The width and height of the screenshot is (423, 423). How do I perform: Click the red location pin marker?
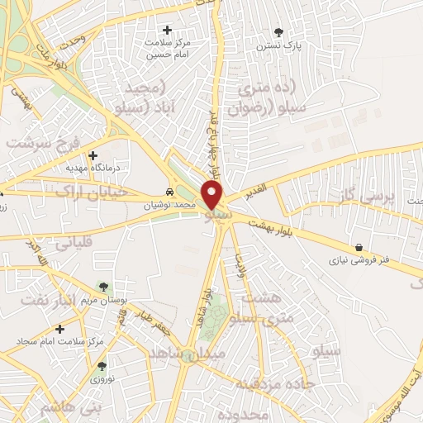(213, 195)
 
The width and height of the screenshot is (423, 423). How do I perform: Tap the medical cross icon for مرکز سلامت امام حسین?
(169, 31)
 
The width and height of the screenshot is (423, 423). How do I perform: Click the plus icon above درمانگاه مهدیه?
(93, 155)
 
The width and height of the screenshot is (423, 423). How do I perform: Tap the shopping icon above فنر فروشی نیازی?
(359, 246)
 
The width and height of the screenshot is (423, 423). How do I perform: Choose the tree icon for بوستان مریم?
(103, 287)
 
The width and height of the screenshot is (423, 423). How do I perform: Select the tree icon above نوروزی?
(102, 365)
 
